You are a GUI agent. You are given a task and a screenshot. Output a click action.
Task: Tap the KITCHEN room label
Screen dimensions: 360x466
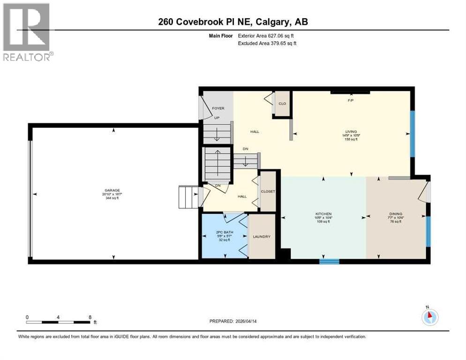(323, 214)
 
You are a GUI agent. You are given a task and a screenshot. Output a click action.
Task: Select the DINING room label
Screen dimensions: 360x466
(395, 214)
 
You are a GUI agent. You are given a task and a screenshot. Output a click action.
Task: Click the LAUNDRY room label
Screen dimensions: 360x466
(261, 237)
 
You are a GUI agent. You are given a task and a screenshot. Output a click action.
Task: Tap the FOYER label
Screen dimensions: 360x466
(218, 108)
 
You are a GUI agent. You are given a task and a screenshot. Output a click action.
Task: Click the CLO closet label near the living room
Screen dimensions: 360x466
(282, 104)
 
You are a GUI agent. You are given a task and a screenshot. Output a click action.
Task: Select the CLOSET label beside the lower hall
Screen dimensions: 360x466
(268, 192)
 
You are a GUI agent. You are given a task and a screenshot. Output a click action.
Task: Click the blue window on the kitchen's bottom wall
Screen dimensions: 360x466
(329, 261)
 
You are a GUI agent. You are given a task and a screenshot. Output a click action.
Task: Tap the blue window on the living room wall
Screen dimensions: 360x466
(413, 134)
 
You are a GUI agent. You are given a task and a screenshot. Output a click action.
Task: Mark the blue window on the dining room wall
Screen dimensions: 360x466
(428, 231)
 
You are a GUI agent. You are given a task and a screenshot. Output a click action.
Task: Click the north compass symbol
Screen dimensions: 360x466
(429, 317)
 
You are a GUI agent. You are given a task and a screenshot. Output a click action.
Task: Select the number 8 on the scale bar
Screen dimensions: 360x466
(90, 317)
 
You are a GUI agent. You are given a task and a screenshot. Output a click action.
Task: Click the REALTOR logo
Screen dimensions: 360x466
(27, 32)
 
